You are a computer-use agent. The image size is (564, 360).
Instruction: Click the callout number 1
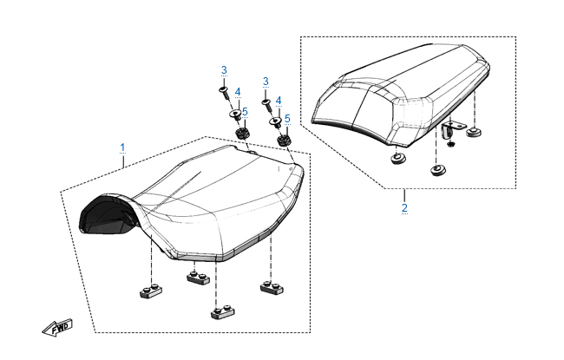(122, 147)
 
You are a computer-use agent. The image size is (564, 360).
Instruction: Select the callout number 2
(404, 208)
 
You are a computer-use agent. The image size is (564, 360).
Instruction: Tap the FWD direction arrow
(57, 328)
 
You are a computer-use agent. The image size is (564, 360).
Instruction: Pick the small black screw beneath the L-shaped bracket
(451, 144)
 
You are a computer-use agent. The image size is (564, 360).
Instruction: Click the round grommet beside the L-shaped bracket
(474, 132)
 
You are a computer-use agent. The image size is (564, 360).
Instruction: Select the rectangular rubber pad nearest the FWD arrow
(151, 291)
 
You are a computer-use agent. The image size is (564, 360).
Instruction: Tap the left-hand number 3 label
(224, 70)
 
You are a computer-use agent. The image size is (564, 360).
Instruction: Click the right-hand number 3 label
(266, 82)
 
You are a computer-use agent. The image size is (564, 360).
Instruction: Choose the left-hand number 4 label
(238, 92)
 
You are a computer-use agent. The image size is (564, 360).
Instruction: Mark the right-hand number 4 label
(279, 101)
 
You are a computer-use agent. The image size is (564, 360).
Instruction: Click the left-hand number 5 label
(245, 112)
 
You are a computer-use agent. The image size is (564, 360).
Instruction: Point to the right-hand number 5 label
(287, 119)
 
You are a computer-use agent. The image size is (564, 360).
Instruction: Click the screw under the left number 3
(225, 93)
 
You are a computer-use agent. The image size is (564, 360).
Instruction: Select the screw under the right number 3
(267, 104)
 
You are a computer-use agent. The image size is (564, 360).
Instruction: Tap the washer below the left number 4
(236, 115)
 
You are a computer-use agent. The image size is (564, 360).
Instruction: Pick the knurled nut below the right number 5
(284, 140)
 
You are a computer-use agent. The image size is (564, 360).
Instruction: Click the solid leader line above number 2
(404, 196)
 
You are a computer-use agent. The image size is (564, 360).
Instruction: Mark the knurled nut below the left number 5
(242, 134)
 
